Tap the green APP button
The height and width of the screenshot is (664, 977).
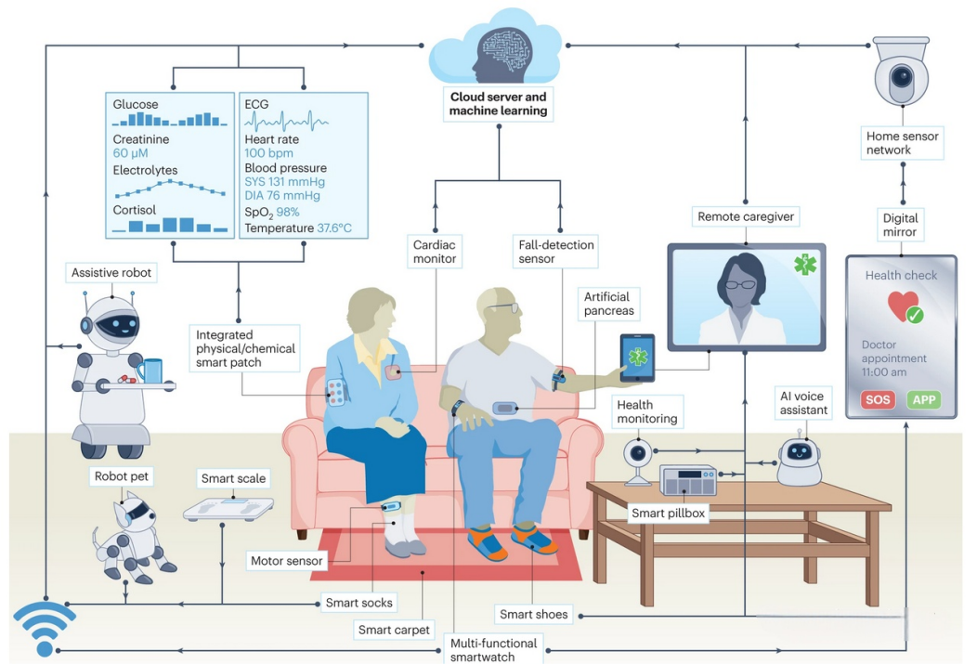point(924,400)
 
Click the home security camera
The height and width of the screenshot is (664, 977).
point(901,74)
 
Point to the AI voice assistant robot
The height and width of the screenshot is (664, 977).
point(799,458)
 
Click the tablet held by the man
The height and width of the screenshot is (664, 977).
point(637,357)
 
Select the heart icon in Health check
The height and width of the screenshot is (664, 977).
point(903,307)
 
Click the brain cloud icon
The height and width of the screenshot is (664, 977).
point(497,51)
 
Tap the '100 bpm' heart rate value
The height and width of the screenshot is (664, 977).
point(268,153)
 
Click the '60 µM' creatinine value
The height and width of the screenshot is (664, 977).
point(131,153)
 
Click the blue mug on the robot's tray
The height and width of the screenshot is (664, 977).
point(152,371)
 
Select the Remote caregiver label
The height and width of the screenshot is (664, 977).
point(747,217)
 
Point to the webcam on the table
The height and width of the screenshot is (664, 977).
point(636,458)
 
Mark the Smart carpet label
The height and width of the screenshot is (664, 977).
point(394,630)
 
